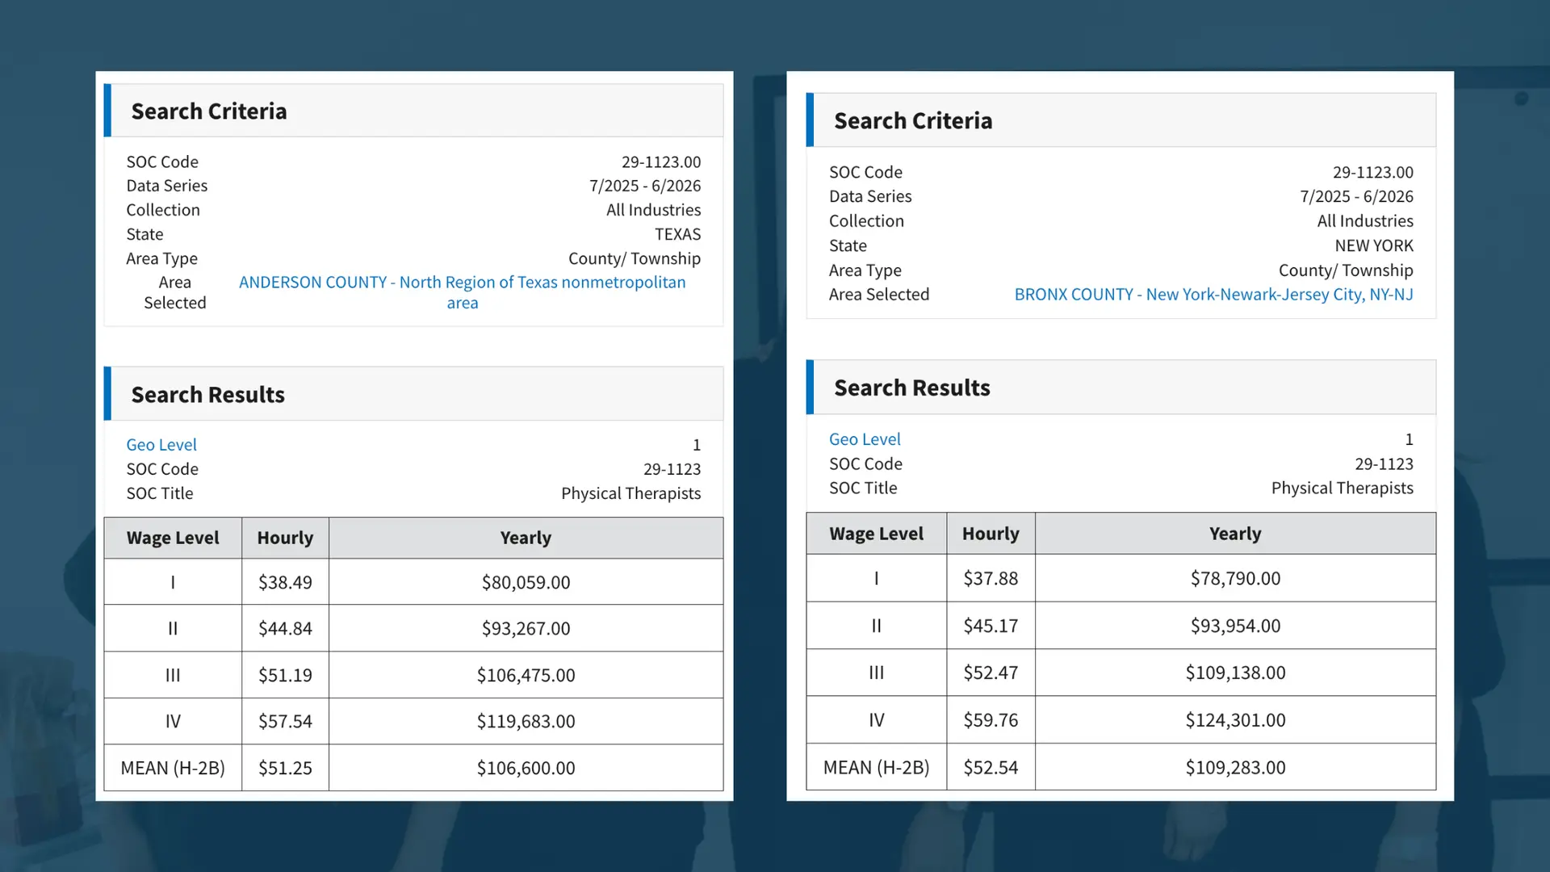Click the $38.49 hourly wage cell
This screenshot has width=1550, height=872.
[x=285, y=582]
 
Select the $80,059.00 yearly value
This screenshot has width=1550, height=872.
[x=526, y=582]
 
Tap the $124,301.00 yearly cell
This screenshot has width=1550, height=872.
[x=1235, y=719]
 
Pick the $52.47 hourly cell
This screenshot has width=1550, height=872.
[x=991, y=673]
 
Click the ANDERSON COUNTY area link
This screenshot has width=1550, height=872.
[x=462, y=283]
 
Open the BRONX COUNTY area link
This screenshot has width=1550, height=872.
[x=1213, y=295]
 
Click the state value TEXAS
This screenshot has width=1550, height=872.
[x=677, y=234]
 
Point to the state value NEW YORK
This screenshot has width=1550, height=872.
[x=1373, y=245]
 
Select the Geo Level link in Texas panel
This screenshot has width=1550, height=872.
[x=161, y=445]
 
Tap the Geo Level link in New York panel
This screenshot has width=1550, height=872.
[x=865, y=439]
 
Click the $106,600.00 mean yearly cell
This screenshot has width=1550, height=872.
[x=526, y=768]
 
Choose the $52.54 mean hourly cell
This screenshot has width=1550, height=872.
[x=991, y=767]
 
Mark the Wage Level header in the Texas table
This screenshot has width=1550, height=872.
[x=173, y=538]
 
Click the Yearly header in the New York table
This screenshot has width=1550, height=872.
[x=1235, y=534]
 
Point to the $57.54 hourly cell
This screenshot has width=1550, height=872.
[x=285, y=721]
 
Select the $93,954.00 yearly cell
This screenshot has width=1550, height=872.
[x=1235, y=626]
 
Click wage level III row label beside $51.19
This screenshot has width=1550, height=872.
[x=173, y=675]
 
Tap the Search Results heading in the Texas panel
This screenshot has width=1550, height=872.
[x=208, y=395]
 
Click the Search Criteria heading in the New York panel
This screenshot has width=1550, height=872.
[x=913, y=121]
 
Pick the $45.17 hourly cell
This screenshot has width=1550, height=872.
[x=991, y=626]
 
